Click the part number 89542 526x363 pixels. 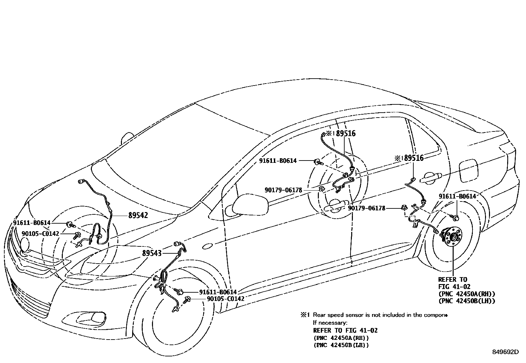[x=138, y=216]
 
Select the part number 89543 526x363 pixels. [x=152, y=253]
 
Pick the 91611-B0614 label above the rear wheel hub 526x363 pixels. [x=457, y=197]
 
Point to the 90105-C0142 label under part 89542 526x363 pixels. [x=40, y=234]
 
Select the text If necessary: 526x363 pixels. [x=330, y=322]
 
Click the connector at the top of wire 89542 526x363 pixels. [x=81, y=181]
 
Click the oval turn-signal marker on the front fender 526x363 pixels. [x=207, y=246]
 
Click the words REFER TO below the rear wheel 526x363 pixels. [x=453, y=279]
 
